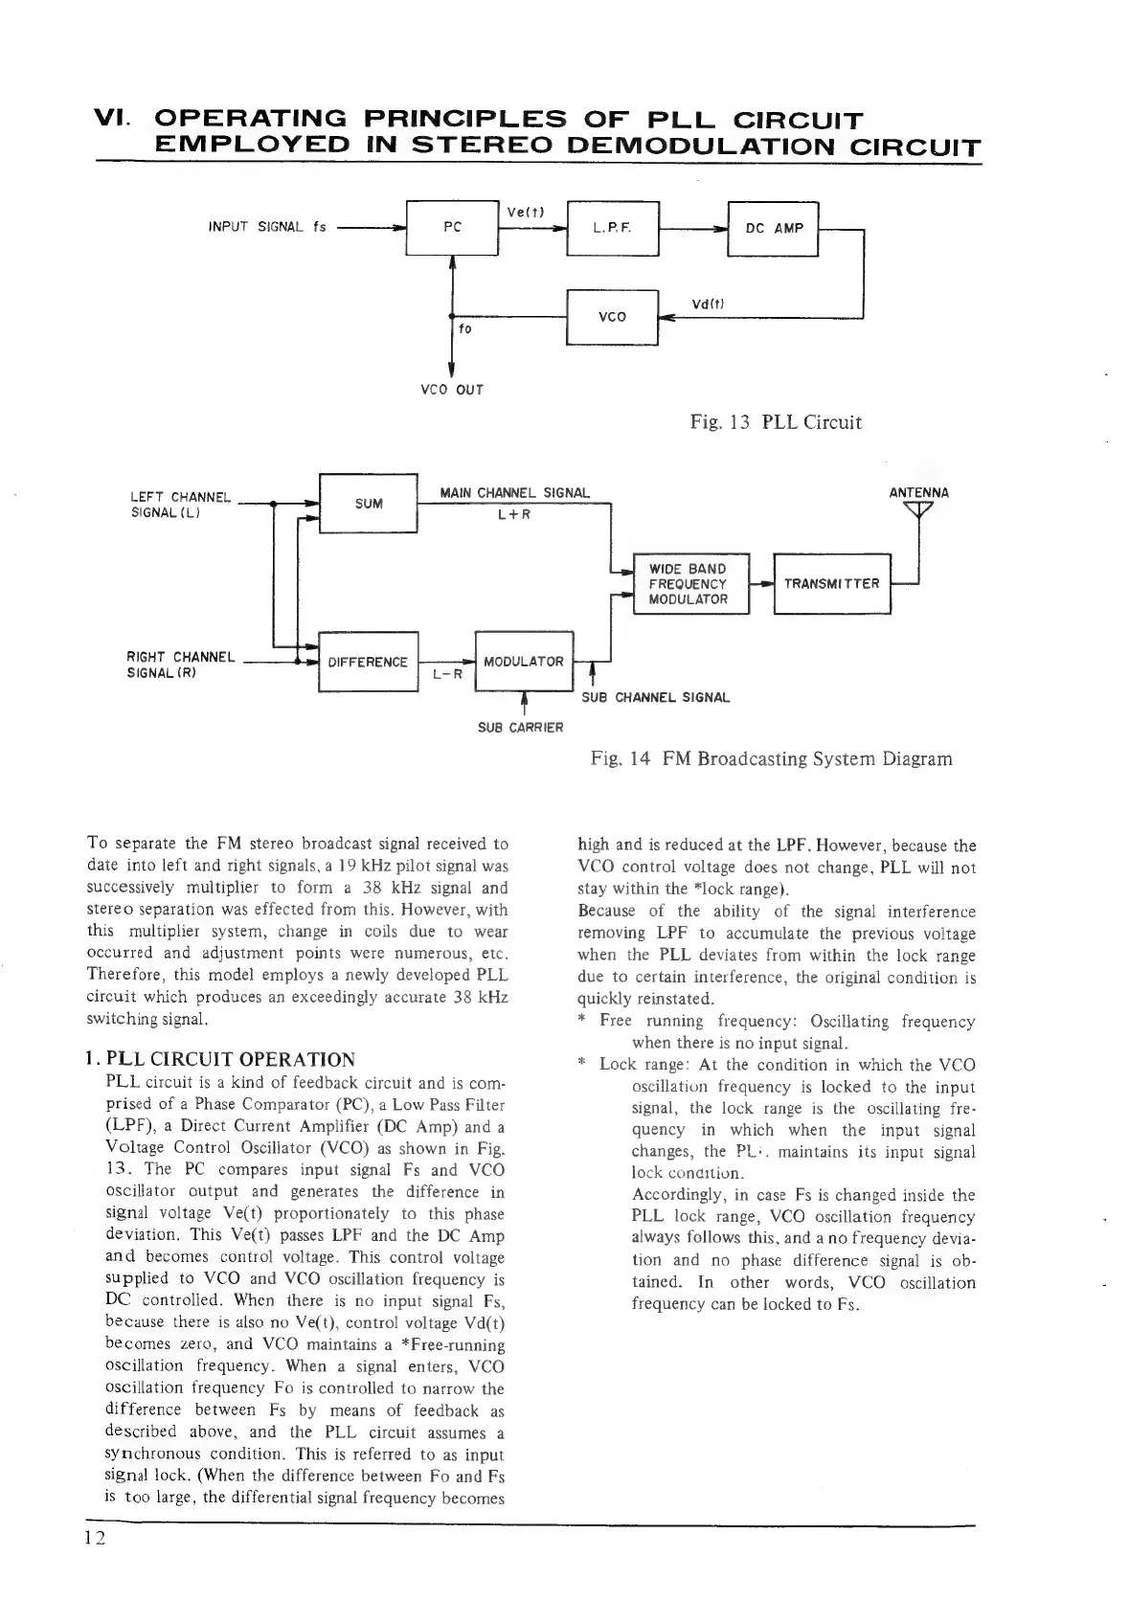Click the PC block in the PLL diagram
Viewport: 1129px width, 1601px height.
tap(453, 228)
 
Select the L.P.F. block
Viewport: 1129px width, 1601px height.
tap(613, 228)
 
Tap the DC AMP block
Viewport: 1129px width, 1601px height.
tap(774, 229)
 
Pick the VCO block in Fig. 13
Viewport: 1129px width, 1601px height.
tap(612, 317)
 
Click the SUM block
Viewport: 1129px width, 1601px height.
tap(368, 503)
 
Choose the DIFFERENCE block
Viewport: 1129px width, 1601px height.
tap(368, 662)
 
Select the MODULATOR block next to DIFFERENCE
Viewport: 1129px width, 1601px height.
tap(523, 662)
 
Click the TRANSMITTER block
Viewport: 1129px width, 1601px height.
tap(831, 583)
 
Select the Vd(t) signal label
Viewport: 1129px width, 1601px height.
tap(708, 304)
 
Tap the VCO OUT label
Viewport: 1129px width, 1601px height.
tap(452, 390)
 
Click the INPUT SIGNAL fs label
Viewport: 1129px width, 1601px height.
tap(267, 228)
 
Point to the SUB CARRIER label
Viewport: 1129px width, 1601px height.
tap(520, 727)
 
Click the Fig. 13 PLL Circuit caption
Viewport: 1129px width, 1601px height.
tap(776, 422)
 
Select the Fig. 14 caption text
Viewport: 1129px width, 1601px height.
tap(772, 759)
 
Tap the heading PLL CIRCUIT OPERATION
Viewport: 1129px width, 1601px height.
tap(220, 1059)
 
